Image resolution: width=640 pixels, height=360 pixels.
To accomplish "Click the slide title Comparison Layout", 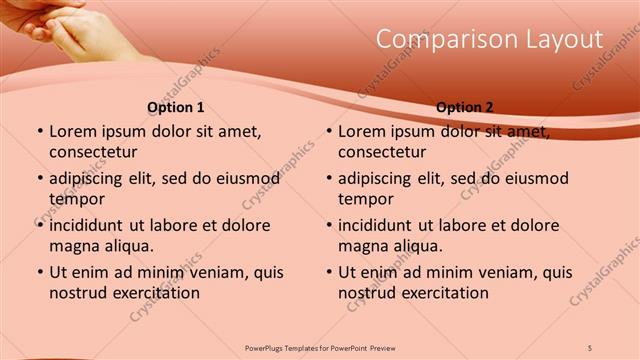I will coord(489,39).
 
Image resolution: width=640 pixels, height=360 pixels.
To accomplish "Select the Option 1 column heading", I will coord(176,107).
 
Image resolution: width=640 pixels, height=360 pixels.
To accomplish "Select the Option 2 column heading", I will coord(465,107).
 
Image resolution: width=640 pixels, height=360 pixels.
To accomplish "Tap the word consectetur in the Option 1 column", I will coord(93,152).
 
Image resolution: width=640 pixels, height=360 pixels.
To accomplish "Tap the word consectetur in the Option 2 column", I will coord(382,152).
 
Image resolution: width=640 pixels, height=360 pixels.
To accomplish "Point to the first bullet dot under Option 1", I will coord(39,132).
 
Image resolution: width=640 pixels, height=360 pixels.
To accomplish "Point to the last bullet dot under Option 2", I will coord(328,273).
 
